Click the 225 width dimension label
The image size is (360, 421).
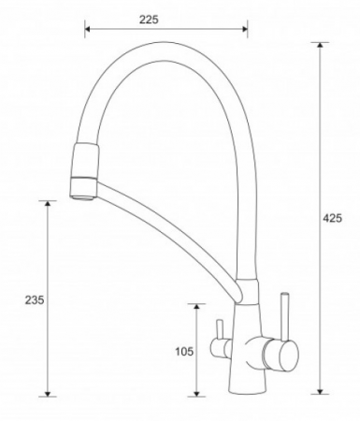(x=149, y=20)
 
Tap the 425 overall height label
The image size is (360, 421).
(x=332, y=218)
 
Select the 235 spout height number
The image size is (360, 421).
(x=35, y=300)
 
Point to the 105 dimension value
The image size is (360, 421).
(x=184, y=352)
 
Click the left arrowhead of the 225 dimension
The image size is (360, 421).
(x=87, y=29)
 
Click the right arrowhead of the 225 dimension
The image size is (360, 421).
(x=245, y=29)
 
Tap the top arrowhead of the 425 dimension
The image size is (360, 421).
(x=320, y=45)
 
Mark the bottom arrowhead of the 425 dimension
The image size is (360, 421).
(x=320, y=391)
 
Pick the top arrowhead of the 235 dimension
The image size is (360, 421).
(x=48, y=204)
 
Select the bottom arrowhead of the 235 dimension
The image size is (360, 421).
(x=48, y=394)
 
